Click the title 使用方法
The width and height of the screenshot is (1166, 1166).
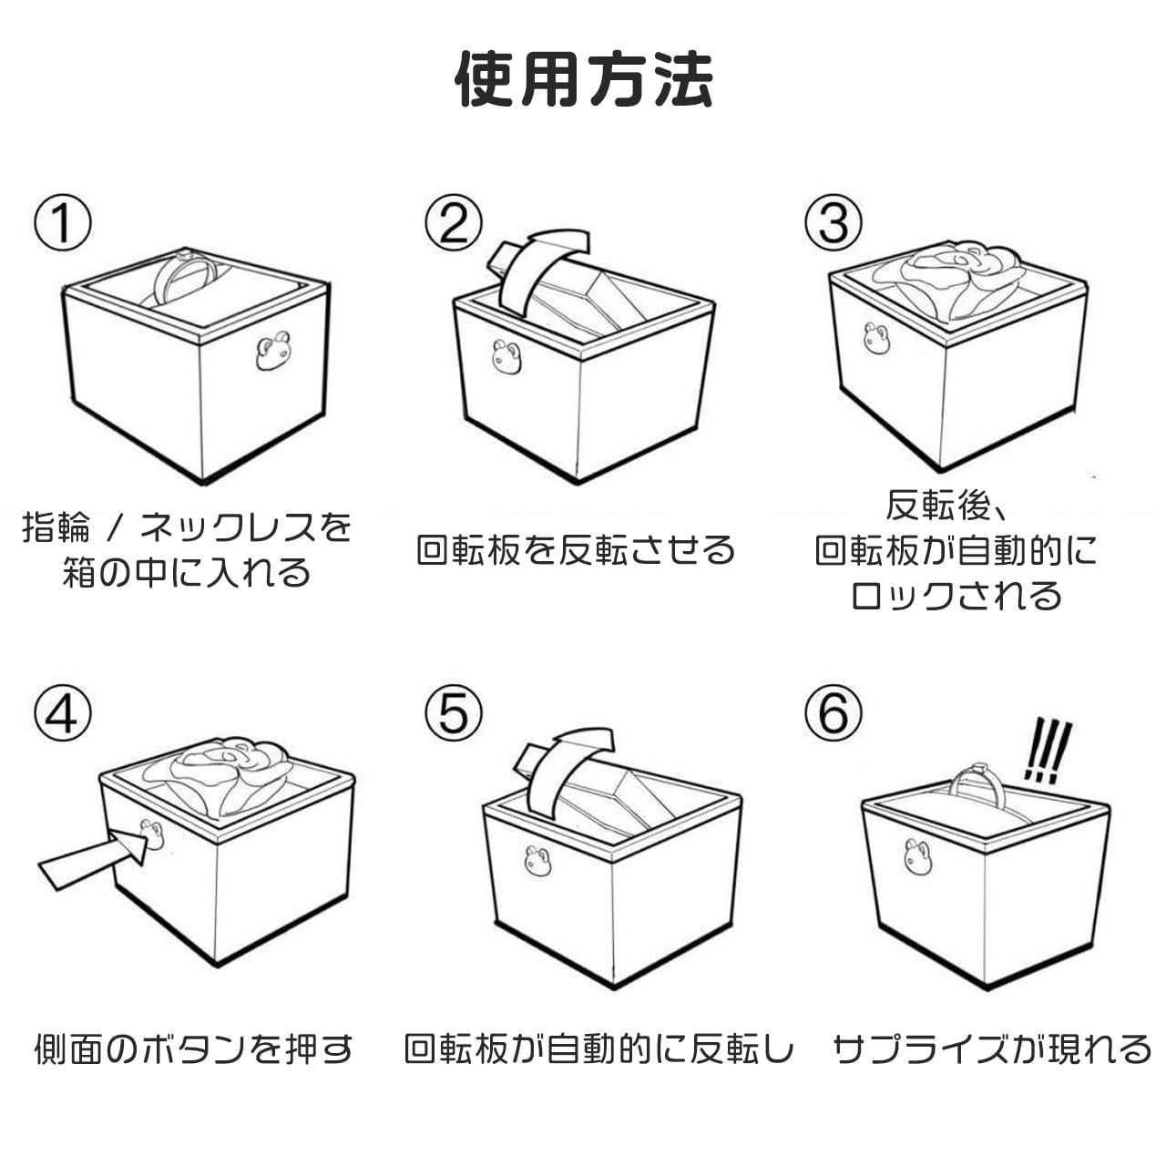click(583, 78)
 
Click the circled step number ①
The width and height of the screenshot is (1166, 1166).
click(63, 223)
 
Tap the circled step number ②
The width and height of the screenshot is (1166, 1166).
click(453, 223)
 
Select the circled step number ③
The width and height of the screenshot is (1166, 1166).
click(833, 223)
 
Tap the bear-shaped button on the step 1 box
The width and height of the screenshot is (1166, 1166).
click(272, 351)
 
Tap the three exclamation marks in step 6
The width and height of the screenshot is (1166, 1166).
click(1047, 751)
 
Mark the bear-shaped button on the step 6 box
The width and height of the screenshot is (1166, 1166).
click(917, 856)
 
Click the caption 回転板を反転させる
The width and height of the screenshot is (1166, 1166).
click(576, 550)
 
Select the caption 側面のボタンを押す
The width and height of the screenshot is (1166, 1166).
click(193, 1049)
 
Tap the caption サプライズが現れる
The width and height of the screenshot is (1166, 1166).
click(992, 1049)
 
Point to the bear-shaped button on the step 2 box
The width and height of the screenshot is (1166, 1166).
click(506, 357)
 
